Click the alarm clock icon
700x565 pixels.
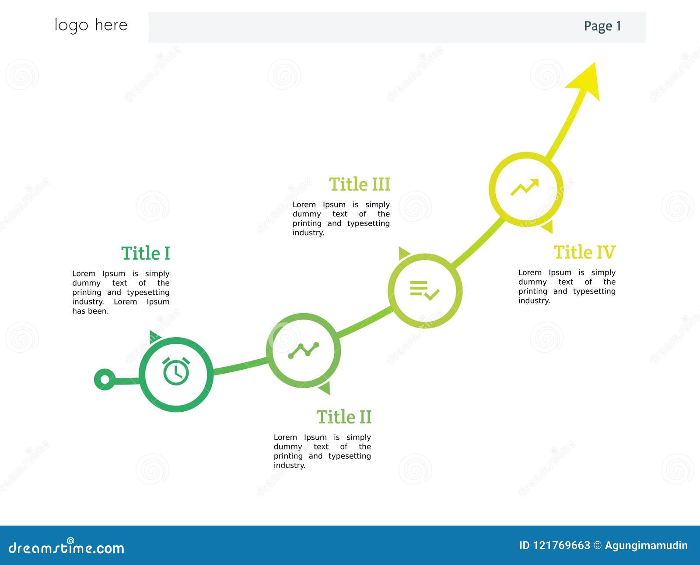coord(176,371)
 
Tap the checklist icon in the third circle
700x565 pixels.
coord(424,290)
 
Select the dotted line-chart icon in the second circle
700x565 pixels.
coord(303,350)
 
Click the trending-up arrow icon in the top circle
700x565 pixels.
coord(525,187)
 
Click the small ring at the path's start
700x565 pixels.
coord(105,379)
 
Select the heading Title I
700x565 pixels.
coord(145,254)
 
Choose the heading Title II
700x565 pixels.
coord(344,417)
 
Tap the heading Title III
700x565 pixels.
coord(359,184)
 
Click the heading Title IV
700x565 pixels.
coord(584,252)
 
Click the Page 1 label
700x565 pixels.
coord(602,26)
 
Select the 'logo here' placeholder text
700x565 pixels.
coord(91,25)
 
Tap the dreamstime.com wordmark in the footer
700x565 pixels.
coord(66,547)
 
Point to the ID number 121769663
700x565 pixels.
coord(561,545)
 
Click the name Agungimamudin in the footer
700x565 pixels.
coord(646,545)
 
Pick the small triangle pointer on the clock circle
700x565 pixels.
coord(154,336)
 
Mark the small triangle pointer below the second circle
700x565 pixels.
coord(325,388)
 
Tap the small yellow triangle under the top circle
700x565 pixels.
coord(548,226)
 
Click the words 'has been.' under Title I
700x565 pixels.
coord(91,311)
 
